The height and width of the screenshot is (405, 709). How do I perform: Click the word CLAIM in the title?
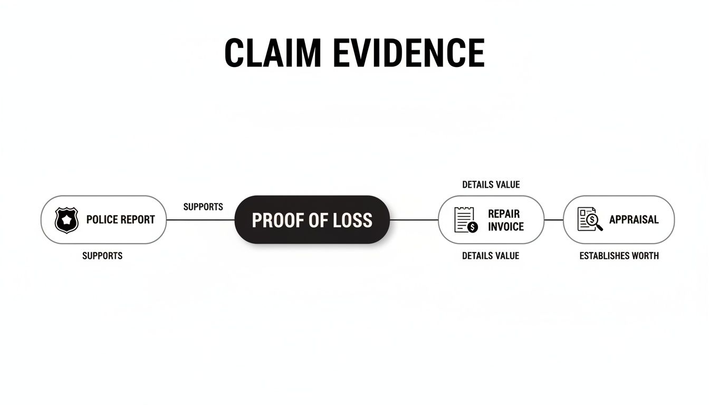point(272,53)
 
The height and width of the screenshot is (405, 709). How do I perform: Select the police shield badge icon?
point(66,220)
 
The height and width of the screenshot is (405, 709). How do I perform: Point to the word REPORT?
point(138,220)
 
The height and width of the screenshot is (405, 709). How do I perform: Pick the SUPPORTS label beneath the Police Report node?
point(102,256)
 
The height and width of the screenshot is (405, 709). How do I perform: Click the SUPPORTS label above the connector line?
point(203,207)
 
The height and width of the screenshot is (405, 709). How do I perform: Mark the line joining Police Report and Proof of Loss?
point(200,220)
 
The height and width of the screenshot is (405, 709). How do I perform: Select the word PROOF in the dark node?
point(275,220)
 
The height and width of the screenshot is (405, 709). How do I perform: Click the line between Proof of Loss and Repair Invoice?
point(414,220)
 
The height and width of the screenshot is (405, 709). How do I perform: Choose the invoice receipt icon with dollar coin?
point(466,220)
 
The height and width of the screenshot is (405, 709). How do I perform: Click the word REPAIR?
point(504,214)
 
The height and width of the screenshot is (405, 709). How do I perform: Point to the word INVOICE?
point(506,227)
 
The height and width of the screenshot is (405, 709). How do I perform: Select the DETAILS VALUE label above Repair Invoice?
point(491,185)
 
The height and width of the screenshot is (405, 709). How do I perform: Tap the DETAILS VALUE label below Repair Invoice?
point(491,256)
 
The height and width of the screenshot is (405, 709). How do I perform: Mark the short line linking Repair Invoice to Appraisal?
point(553,220)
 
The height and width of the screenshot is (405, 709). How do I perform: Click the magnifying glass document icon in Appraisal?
point(590,219)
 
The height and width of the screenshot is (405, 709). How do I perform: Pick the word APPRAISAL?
point(634,220)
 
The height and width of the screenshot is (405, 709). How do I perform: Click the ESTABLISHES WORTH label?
point(619,256)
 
